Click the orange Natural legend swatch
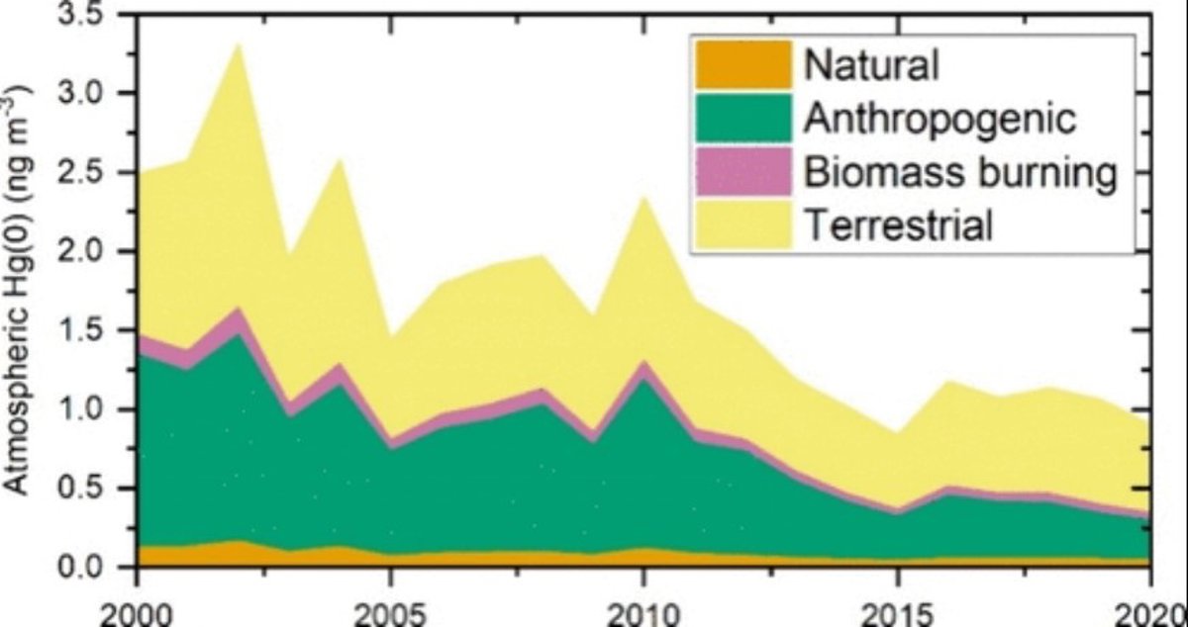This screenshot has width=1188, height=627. [x=743, y=64]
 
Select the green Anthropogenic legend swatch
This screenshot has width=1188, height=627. [x=743, y=119]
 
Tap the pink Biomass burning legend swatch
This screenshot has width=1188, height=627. [x=743, y=172]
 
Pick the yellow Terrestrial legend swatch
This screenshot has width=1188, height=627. [x=743, y=225]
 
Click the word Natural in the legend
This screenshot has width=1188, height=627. [x=871, y=65]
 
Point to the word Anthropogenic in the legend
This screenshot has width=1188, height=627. [x=940, y=120]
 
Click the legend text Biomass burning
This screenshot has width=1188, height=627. [x=960, y=173]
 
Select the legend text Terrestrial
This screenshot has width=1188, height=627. [x=898, y=226]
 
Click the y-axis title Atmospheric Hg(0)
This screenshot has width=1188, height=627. [x=22, y=287]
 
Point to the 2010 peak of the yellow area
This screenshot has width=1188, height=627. [x=643, y=198]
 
